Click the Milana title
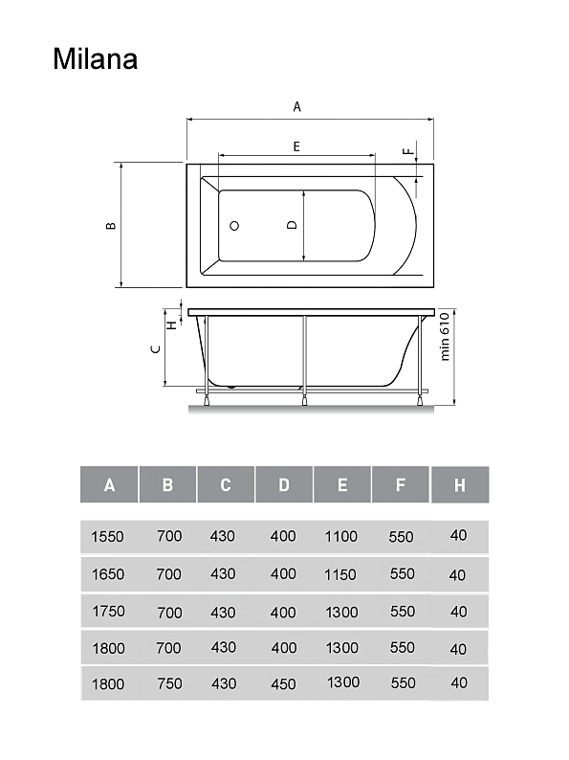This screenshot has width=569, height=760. click(x=96, y=59)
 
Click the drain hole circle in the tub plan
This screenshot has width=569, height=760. click(x=234, y=226)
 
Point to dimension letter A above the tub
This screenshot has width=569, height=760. click(x=296, y=106)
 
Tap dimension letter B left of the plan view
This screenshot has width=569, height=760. click(x=111, y=225)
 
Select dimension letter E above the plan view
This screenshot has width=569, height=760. click(x=296, y=146)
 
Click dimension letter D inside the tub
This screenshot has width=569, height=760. click(x=292, y=225)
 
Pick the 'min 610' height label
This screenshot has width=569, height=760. click(x=445, y=336)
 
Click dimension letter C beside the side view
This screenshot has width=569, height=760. click(x=156, y=349)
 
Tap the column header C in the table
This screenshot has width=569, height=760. click(x=226, y=485)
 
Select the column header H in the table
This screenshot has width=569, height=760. click(x=460, y=485)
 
